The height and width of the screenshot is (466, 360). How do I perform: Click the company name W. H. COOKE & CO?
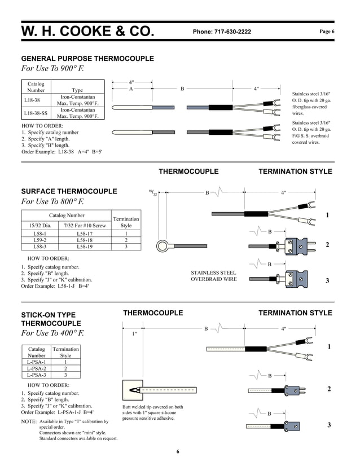coord(87,32)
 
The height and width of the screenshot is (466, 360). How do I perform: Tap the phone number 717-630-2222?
coord(222,32)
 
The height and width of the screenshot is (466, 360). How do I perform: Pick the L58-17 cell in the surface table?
coord(85,233)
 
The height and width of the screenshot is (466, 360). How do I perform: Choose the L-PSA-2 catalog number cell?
coord(37,368)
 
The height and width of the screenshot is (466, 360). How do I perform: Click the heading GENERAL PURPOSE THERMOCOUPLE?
coord(87,59)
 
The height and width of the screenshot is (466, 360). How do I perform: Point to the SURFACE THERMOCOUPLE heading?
coord(69,191)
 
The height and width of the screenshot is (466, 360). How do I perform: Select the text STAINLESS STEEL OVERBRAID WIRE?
coord(214,276)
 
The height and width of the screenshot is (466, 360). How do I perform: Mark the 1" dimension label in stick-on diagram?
coord(134,334)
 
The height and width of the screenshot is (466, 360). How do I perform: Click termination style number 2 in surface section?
coord(327,245)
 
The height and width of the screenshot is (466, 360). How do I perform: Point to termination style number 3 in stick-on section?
coord(328,425)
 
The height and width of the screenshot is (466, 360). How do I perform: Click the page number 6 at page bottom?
coord(177,451)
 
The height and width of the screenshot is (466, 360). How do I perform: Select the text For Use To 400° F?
coord(52,333)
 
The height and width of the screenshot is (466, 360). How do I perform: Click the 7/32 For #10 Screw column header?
coord(85,226)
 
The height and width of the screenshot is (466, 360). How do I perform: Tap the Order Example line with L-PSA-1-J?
coord(57,412)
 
